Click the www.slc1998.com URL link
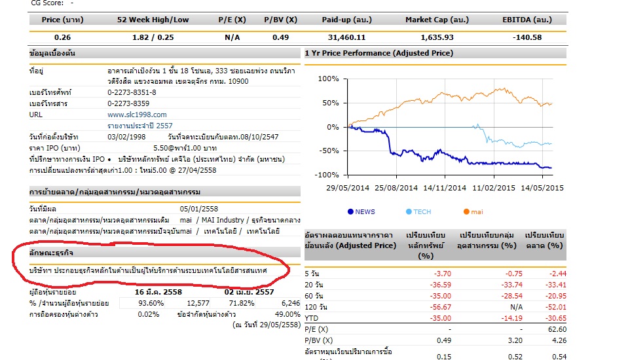(x=137, y=115)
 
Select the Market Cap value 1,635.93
(x=437, y=37)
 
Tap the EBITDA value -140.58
(x=527, y=37)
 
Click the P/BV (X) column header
(x=280, y=20)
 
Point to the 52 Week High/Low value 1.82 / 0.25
(x=153, y=37)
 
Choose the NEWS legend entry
(x=361, y=211)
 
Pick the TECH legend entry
(x=418, y=211)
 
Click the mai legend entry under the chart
(x=473, y=211)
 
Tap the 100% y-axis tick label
(x=328, y=79)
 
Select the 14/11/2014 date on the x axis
(x=445, y=188)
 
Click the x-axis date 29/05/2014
(x=348, y=188)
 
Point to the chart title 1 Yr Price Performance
(x=379, y=53)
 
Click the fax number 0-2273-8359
(x=128, y=103)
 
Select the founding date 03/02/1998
(x=126, y=137)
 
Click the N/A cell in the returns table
(x=516, y=307)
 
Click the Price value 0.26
(x=62, y=37)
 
